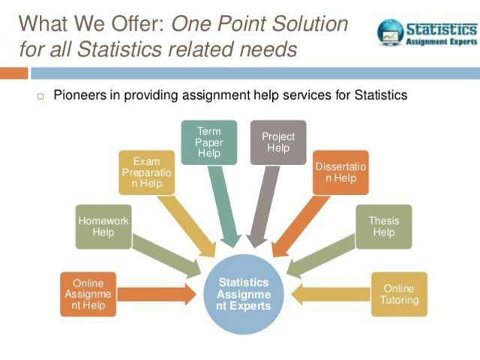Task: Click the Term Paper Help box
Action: tap(209, 142)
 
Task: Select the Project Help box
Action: tap(278, 142)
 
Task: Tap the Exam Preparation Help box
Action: tap(147, 172)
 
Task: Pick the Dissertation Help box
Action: tap(340, 172)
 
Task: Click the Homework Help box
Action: tap(103, 226)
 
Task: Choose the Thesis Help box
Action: tap(384, 226)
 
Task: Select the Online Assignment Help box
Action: tap(88, 294)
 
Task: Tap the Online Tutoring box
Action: tap(399, 294)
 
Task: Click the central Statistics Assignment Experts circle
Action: tap(244, 294)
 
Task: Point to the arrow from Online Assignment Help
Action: tap(157, 294)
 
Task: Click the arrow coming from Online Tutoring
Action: tap(331, 294)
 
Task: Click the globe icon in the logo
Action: tap(390, 32)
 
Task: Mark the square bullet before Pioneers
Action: tap(40, 97)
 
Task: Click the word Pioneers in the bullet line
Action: tap(80, 95)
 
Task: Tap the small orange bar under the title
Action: tap(13, 73)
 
